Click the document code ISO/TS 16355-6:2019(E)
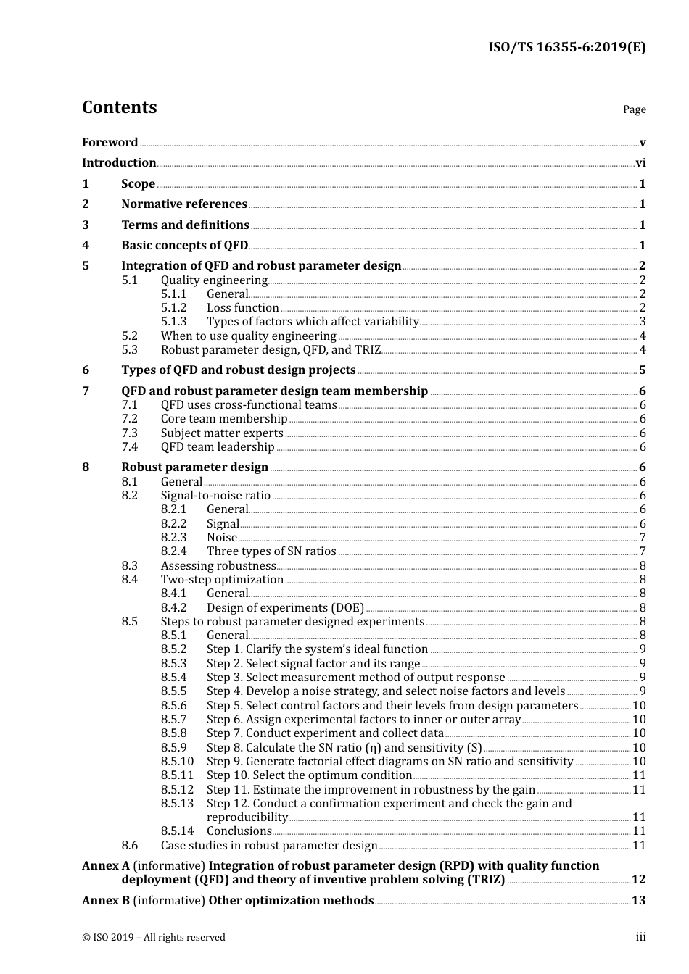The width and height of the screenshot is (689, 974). (x=566, y=48)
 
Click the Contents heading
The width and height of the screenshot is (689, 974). (x=119, y=107)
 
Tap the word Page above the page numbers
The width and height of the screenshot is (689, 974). (x=634, y=109)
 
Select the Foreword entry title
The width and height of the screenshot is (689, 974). (x=110, y=143)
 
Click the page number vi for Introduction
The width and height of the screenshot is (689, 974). (x=640, y=163)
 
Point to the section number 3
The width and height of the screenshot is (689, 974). (x=86, y=225)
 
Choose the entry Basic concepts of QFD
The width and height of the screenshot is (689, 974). (x=184, y=246)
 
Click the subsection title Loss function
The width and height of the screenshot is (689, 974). (x=242, y=308)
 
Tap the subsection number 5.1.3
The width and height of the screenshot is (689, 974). (x=173, y=322)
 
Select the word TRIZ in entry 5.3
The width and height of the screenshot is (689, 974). (x=368, y=350)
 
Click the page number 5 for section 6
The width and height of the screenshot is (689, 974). (x=642, y=370)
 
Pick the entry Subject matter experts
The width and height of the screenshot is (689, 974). (x=222, y=433)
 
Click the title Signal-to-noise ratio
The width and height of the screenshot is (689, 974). (x=215, y=496)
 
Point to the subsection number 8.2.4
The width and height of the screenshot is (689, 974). (x=173, y=551)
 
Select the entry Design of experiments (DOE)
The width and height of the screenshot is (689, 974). (x=285, y=608)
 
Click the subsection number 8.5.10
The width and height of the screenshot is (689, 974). (x=177, y=762)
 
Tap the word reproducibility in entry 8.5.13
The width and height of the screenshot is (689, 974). (x=247, y=817)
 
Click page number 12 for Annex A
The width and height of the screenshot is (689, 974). (x=638, y=880)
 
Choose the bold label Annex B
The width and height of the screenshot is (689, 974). (x=106, y=901)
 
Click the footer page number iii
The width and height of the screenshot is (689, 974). (x=640, y=938)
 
